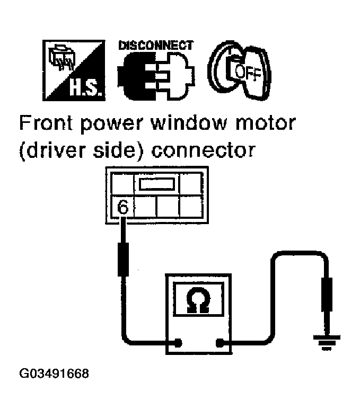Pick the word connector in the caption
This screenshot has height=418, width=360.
coord(209,152)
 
